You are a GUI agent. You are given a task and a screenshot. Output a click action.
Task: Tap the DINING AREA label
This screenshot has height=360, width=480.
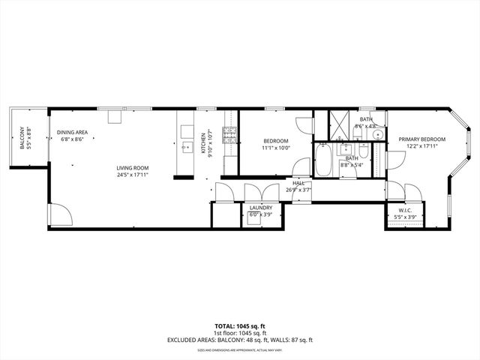[x=72, y=133]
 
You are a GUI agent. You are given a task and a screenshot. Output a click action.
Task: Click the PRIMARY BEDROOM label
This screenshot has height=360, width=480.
[x=421, y=139]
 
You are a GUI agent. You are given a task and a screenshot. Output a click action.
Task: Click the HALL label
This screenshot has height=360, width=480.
[x=298, y=183]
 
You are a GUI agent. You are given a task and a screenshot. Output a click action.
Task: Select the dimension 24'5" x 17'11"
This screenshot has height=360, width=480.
[x=132, y=175]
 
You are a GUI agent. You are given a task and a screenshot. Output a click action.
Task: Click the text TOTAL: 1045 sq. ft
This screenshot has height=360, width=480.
[x=240, y=326]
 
